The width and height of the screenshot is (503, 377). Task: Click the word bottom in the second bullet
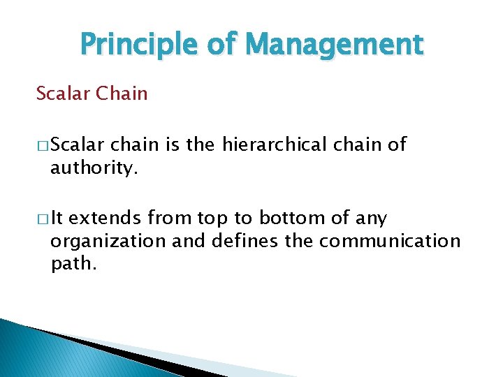click(x=291, y=219)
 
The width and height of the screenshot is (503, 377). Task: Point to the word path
click(x=73, y=264)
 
